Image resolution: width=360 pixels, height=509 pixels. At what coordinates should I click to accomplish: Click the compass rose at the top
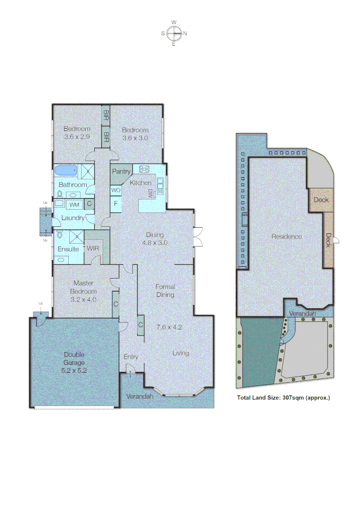pyautogui.click(x=174, y=33)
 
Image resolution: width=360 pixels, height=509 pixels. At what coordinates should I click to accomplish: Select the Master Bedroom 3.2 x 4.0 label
pyautogui.click(x=83, y=291)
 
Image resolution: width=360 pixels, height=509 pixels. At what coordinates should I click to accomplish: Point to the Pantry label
pyautogui.click(x=121, y=172)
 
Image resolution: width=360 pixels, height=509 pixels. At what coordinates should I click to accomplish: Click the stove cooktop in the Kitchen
pyautogui.click(x=144, y=169)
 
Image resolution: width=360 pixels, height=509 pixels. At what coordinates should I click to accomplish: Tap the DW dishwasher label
pyautogui.click(x=150, y=193)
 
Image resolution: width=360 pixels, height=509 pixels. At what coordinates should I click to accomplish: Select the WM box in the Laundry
pyautogui.click(x=74, y=205)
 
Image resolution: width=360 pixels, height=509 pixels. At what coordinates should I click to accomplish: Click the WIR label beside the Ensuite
pyautogui.click(x=92, y=248)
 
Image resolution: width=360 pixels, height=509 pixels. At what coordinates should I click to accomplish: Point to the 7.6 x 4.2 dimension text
pyautogui.click(x=169, y=326)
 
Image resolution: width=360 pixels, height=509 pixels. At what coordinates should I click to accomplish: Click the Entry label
pyautogui.click(x=131, y=357)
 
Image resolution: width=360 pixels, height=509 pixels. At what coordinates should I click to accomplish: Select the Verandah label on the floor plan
pyautogui.click(x=140, y=397)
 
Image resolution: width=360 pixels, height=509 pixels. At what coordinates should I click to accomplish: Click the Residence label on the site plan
pyautogui.click(x=286, y=237)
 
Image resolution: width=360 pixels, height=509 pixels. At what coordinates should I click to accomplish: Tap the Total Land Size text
pyautogui.click(x=283, y=397)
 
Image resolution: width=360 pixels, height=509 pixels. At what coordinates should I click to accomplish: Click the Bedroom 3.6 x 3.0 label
pyautogui.click(x=135, y=134)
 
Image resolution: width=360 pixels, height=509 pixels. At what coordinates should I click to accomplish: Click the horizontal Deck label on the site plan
pyautogui.click(x=321, y=200)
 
